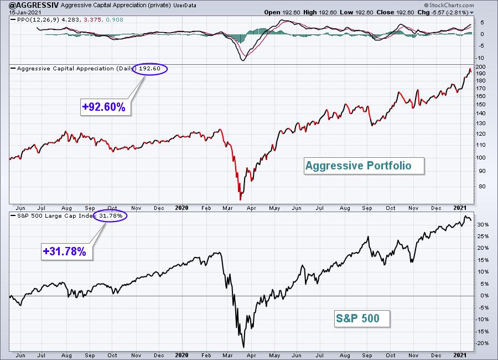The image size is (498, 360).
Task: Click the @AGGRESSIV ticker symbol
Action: [x=34, y=5]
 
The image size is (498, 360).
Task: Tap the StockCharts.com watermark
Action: [x=449, y=5]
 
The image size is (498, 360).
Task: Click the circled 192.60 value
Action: [x=149, y=69]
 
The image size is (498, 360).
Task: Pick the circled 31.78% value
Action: [x=110, y=216]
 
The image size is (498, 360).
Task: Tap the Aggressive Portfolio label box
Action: [x=364, y=166]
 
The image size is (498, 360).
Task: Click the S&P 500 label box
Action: [x=362, y=318]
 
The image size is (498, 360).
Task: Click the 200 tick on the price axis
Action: [x=480, y=67]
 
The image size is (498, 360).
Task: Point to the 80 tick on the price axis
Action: [x=482, y=186]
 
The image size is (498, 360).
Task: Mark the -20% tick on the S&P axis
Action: [x=482, y=343]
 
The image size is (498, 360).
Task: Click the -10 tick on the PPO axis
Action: [x=480, y=58]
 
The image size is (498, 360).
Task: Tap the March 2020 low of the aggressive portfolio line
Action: [x=240, y=200]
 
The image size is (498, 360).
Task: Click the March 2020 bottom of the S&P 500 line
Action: [x=243, y=347]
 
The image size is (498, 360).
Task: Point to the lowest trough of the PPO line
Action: [x=243, y=60]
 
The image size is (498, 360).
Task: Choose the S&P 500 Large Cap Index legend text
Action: [x=55, y=216]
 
